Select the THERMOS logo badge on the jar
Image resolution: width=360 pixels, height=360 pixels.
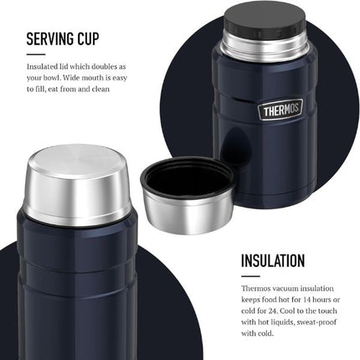(280, 110)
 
